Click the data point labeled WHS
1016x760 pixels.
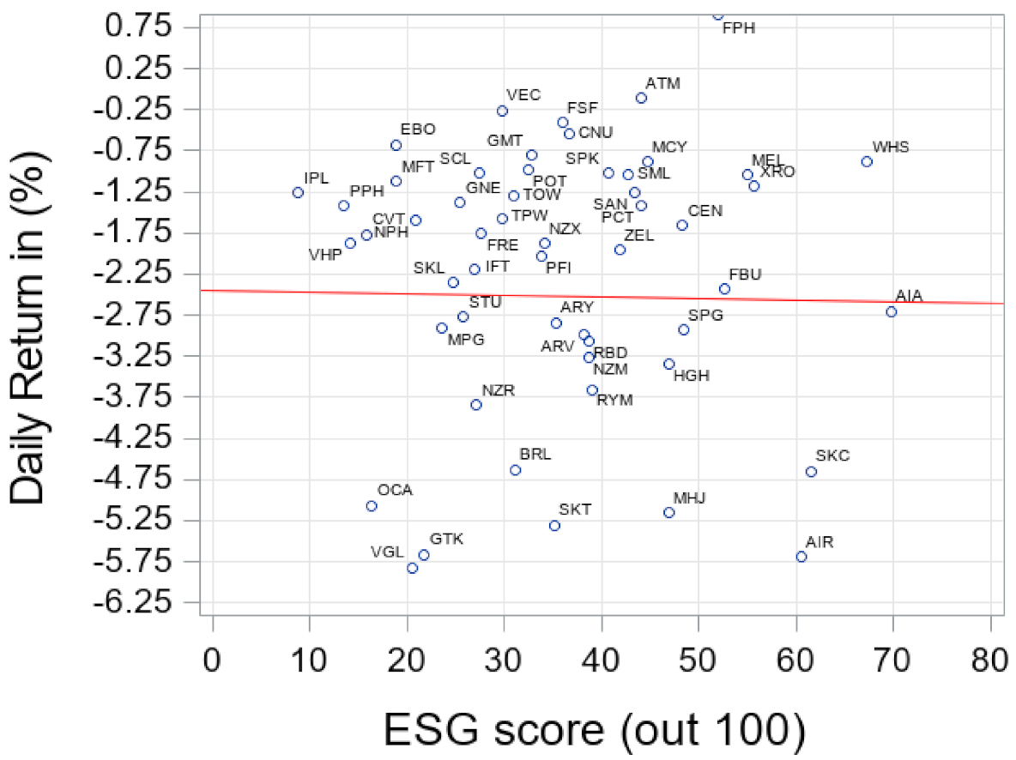pyautogui.click(x=867, y=161)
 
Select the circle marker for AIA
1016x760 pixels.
pyautogui.click(x=891, y=311)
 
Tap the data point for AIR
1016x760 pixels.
pyautogui.click(x=801, y=557)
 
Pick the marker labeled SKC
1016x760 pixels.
pyautogui.click(x=811, y=472)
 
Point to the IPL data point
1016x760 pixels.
pyautogui.click(x=298, y=193)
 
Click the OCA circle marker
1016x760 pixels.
pyautogui.click(x=372, y=506)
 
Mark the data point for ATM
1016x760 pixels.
pyautogui.click(x=641, y=98)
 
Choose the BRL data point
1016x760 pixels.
pyautogui.click(x=515, y=470)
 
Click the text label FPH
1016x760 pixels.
pyautogui.click(x=739, y=28)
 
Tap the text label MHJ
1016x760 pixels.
pyautogui.click(x=689, y=498)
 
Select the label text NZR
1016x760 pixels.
pyautogui.click(x=498, y=390)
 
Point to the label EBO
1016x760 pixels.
pyautogui.click(x=418, y=130)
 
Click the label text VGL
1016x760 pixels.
pyautogui.click(x=387, y=552)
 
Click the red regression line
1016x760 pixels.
pyautogui.click(x=601, y=297)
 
